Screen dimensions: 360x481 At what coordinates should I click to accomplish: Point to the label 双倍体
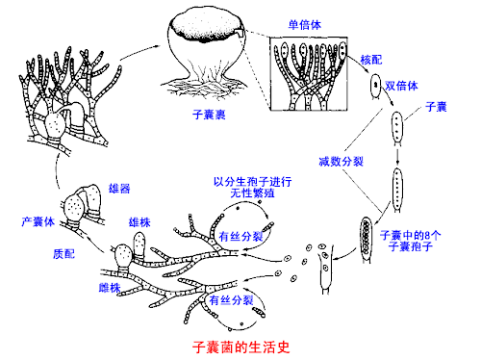tap(403, 85)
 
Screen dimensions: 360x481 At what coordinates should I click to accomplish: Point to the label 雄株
tap(139, 221)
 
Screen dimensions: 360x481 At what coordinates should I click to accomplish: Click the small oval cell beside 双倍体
tap(371, 84)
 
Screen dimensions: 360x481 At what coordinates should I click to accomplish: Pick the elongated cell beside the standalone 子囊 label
tap(395, 126)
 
